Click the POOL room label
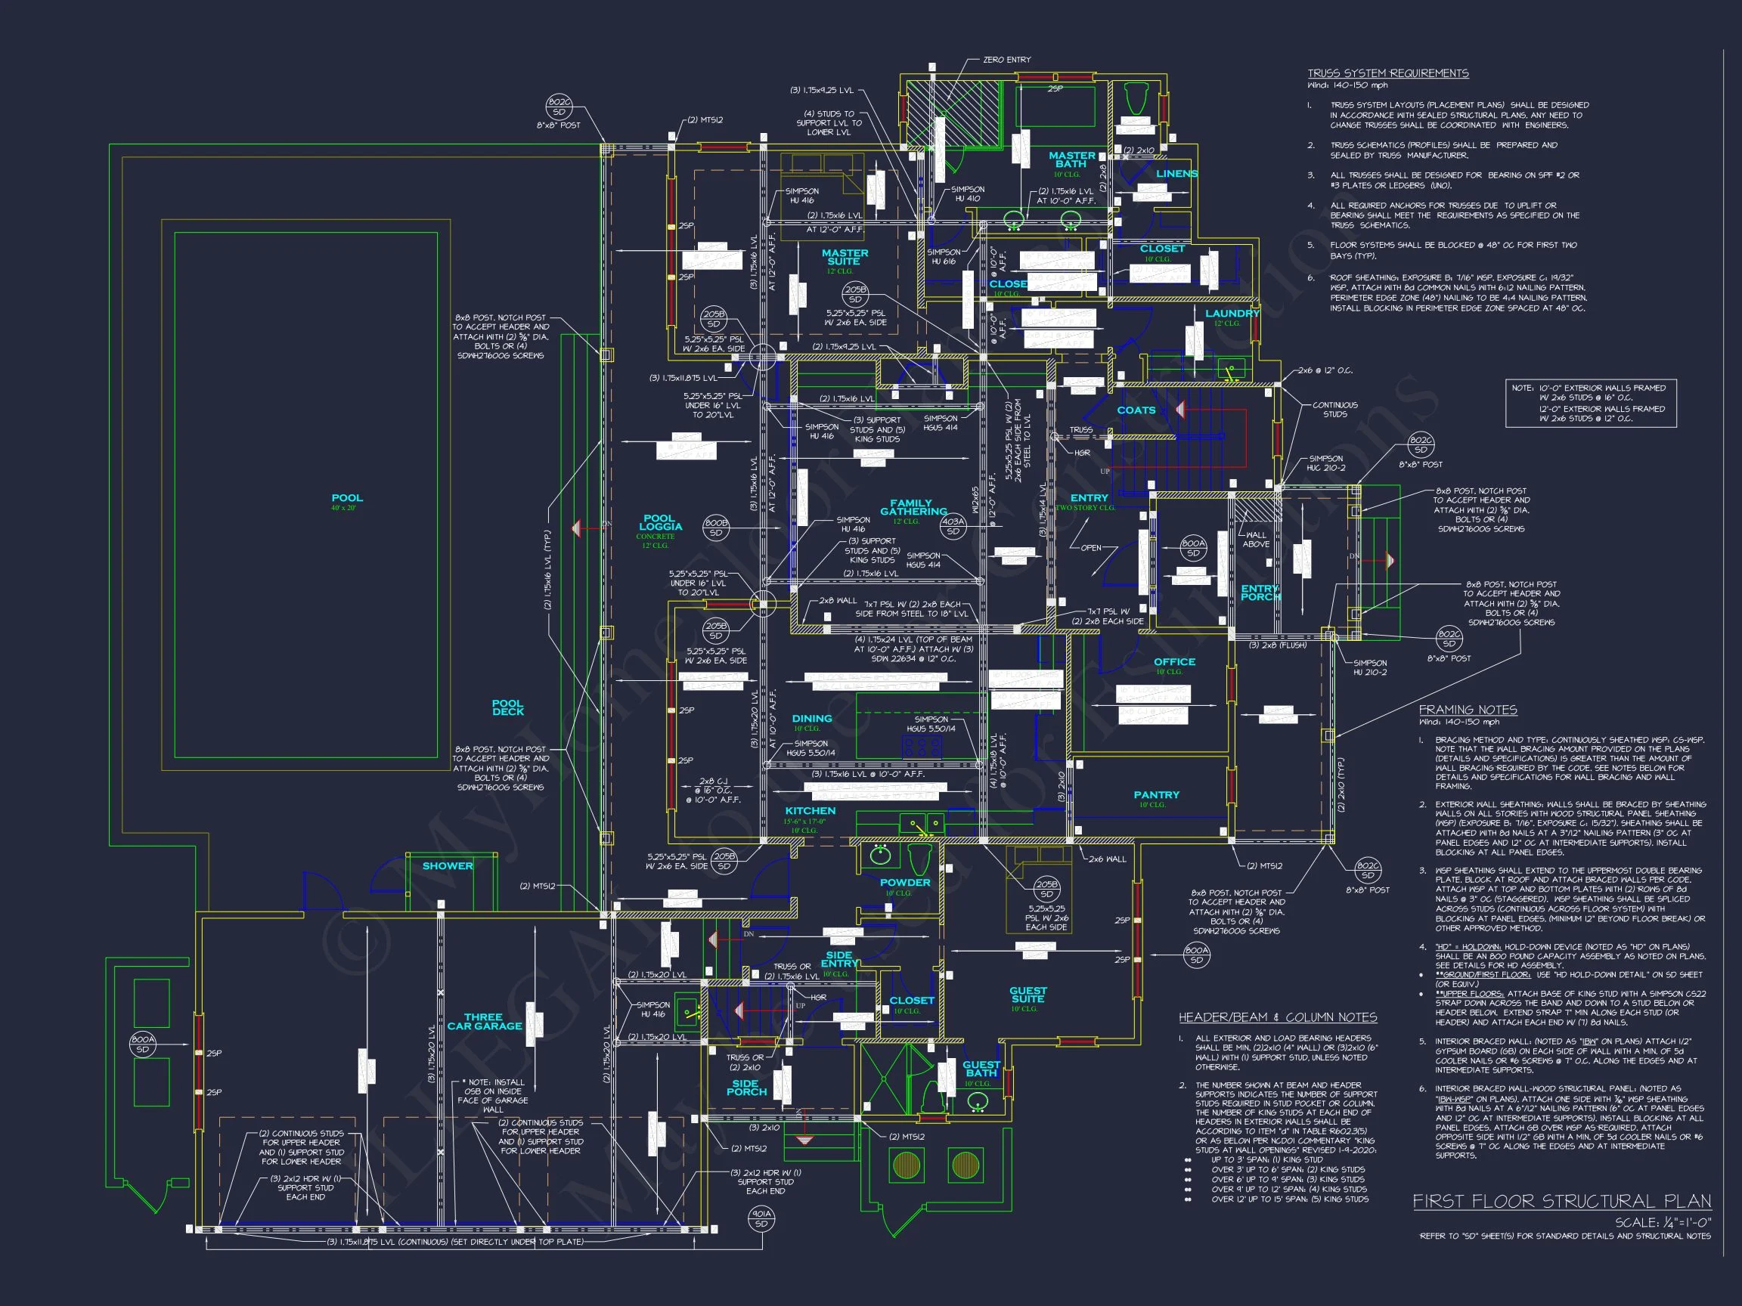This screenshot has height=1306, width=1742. point(347,498)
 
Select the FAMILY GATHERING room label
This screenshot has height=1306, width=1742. point(913,507)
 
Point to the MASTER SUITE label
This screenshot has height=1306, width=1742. point(845,258)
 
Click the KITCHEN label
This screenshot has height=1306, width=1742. point(811,811)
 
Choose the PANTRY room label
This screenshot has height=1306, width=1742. point(1156,795)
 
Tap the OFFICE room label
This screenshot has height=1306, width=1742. point(1174,662)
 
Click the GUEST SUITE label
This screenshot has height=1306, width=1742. point(1028,995)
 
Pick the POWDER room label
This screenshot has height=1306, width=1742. point(905,883)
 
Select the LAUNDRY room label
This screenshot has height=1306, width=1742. point(1232,314)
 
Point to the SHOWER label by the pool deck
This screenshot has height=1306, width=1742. point(448,866)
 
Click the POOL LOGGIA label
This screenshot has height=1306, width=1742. point(660,523)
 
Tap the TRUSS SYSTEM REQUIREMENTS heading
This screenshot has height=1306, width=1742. point(1387,73)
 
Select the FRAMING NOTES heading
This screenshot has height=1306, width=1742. point(1468,709)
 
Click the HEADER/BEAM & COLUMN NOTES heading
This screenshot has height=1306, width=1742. point(1277,1017)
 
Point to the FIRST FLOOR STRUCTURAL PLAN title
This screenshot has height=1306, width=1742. point(1561,1201)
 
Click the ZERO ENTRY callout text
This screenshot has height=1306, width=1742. point(1006,60)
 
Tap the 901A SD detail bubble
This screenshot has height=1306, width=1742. point(761,1218)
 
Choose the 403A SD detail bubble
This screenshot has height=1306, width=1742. point(953,526)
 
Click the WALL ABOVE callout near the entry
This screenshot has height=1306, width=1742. point(1256,539)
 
